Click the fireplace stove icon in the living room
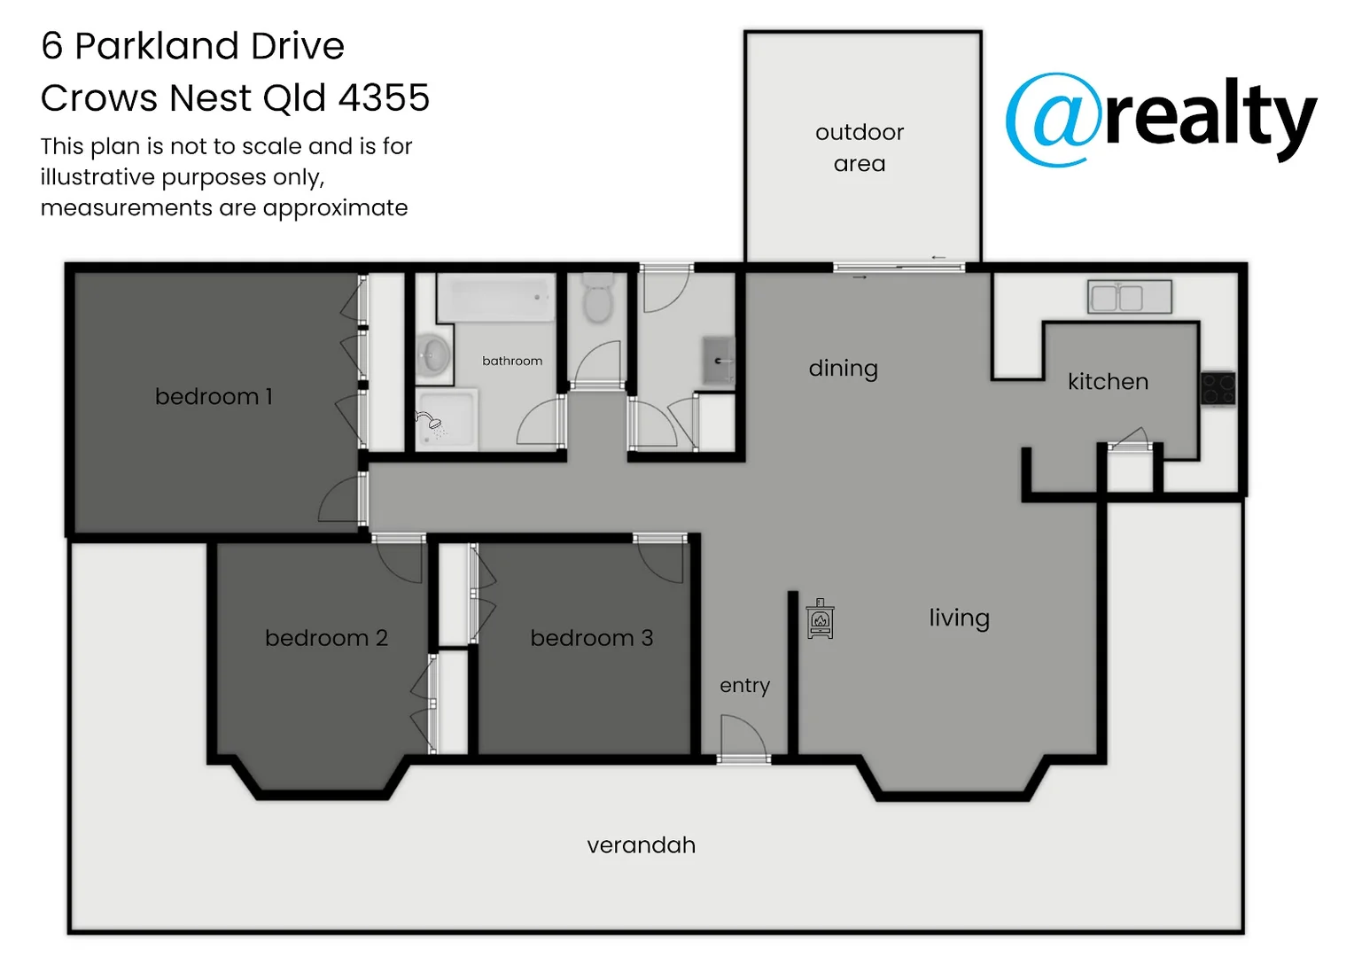(x=820, y=619)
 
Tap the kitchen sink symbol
(x=1129, y=296)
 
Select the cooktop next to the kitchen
(x=1218, y=388)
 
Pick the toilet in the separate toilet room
(x=598, y=299)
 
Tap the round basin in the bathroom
(x=433, y=356)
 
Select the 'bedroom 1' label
(x=214, y=396)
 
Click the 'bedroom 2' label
(x=326, y=638)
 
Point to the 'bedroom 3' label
(x=591, y=638)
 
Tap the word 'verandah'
(x=641, y=845)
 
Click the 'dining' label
(x=843, y=369)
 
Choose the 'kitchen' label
(x=1108, y=382)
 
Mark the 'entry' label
(x=744, y=686)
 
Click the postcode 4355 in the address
(x=384, y=97)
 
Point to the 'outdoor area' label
(x=860, y=148)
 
